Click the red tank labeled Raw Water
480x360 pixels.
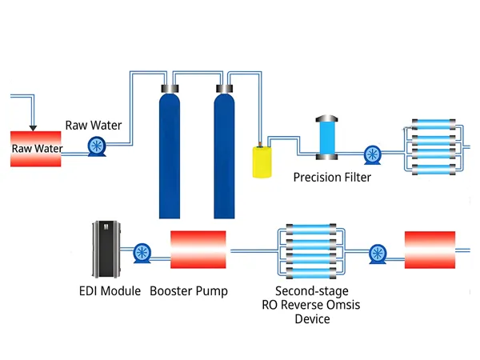[x=35, y=148]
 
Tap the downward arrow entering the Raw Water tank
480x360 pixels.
[x=32, y=124]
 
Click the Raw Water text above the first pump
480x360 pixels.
[x=94, y=125]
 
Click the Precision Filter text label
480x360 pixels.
[x=332, y=177]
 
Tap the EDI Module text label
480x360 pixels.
[x=110, y=291]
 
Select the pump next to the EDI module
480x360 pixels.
[x=143, y=253]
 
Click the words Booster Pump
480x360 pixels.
[x=189, y=291]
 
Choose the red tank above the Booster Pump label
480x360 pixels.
[x=198, y=250]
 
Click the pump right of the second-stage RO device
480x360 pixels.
[x=378, y=254]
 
